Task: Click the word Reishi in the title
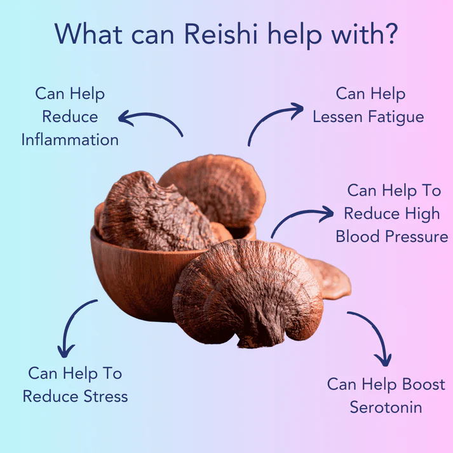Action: (220, 34)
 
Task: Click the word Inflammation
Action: (70, 140)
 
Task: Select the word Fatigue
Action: (396, 117)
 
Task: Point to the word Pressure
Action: (417, 236)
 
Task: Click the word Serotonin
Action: (386, 407)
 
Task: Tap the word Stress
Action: (105, 396)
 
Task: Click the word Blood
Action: (357, 236)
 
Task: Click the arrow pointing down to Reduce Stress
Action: (71, 320)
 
